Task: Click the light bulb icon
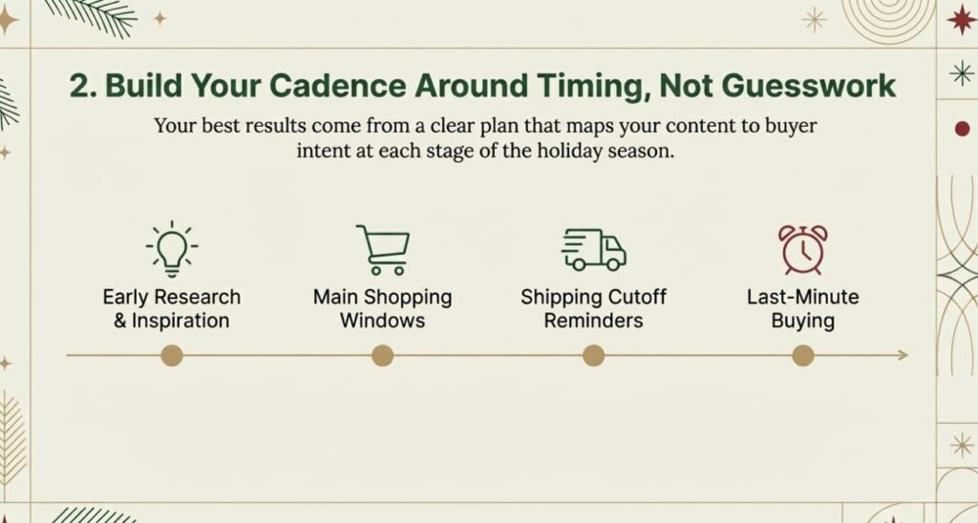(x=172, y=248)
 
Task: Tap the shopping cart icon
(x=382, y=248)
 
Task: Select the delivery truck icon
(x=593, y=249)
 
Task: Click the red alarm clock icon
(x=802, y=249)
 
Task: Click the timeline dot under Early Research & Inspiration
(x=172, y=356)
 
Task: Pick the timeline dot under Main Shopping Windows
(x=382, y=356)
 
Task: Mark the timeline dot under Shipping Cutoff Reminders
(x=593, y=356)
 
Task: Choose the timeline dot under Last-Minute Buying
(x=803, y=356)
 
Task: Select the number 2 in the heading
(x=80, y=84)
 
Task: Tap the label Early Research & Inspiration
(x=172, y=308)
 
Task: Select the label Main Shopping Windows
(x=382, y=308)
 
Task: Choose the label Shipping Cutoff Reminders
(x=593, y=308)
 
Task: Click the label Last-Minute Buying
(x=802, y=308)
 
